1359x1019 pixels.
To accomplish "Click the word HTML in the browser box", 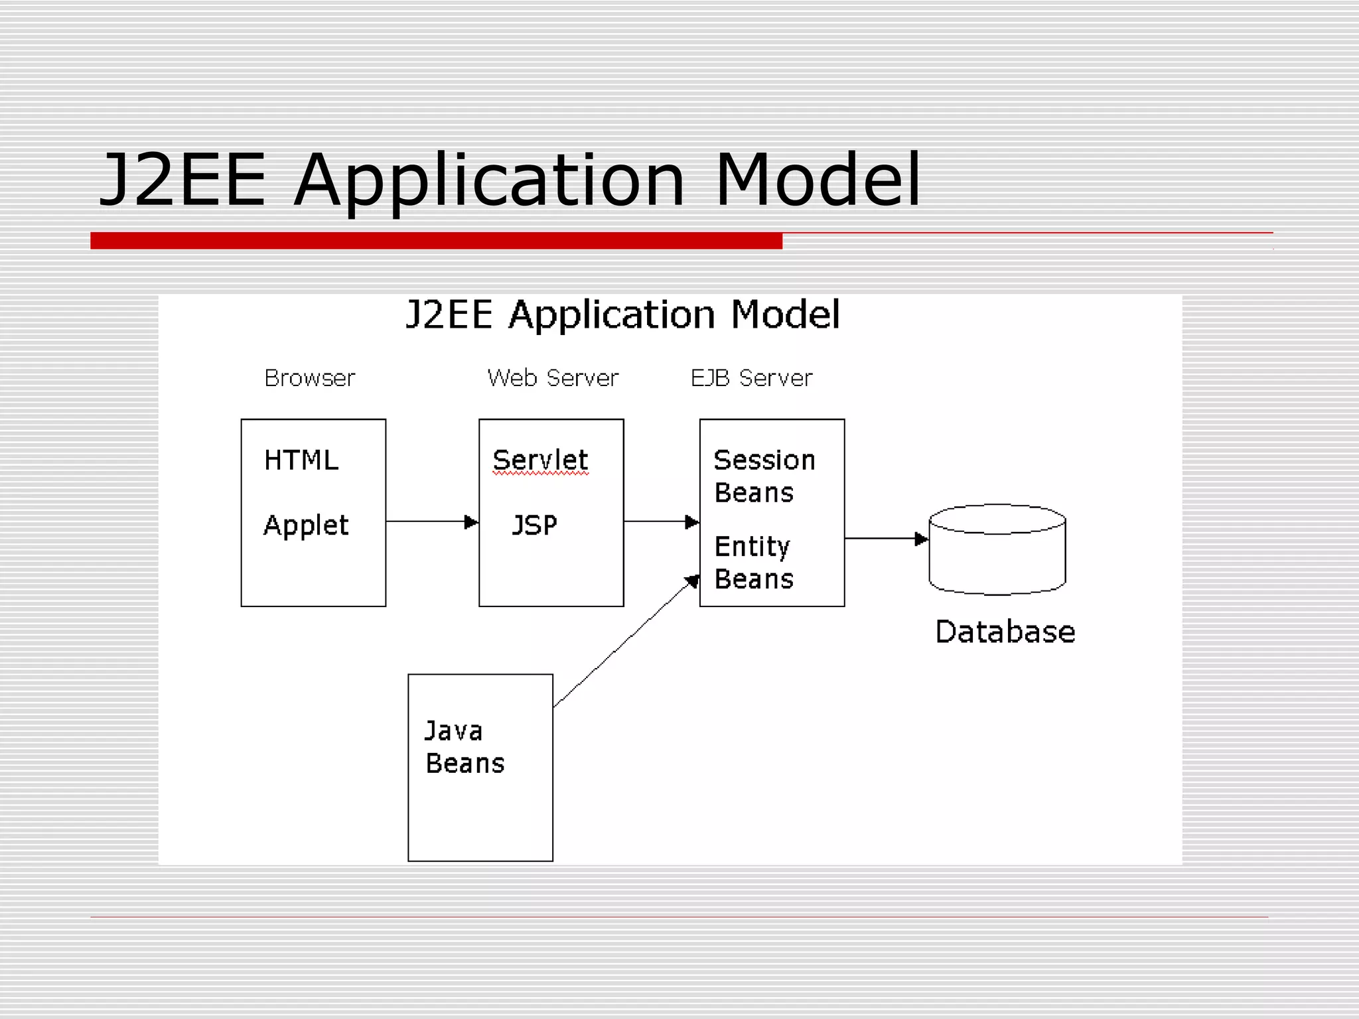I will pyautogui.click(x=301, y=460).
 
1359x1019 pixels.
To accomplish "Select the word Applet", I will pyautogui.click(x=306, y=525).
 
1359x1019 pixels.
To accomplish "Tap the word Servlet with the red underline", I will pyautogui.click(x=540, y=460).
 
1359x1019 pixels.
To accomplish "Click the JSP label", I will pyautogui.click(x=534, y=525).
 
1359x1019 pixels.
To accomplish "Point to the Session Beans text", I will pyautogui.click(x=764, y=476).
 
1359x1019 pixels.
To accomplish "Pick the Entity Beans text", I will pyautogui.click(x=754, y=563).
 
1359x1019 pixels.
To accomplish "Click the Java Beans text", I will pyautogui.click(x=465, y=747).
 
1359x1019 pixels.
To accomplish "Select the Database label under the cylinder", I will pyautogui.click(x=1005, y=632).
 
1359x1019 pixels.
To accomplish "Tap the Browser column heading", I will pyautogui.click(x=310, y=378).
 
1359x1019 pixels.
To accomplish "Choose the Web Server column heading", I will pyautogui.click(x=553, y=378).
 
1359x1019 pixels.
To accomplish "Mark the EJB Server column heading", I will pyautogui.click(x=751, y=378).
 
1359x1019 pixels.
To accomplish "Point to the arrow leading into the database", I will pyautogui.click(x=887, y=539).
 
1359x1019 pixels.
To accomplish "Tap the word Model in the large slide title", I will pyautogui.click(x=818, y=180).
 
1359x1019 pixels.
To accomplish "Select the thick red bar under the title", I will pyautogui.click(x=436, y=240).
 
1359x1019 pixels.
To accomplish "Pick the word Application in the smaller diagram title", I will pyautogui.click(x=612, y=314).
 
